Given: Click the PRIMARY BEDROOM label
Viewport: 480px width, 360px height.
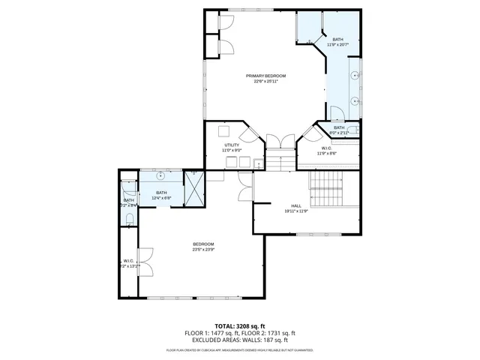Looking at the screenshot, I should pyautogui.click(x=265, y=76).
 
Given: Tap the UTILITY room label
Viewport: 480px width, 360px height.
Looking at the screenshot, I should pyautogui.click(x=231, y=145).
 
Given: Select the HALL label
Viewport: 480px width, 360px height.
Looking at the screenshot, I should pyautogui.click(x=296, y=205).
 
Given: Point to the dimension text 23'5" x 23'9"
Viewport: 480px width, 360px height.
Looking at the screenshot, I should pyautogui.click(x=203, y=250).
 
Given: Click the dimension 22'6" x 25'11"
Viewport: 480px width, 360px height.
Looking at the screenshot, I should pyautogui.click(x=265, y=82).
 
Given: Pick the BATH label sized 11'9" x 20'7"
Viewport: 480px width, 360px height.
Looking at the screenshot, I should pyautogui.click(x=337, y=40).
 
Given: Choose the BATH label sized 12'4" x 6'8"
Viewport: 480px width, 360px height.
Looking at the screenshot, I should pyautogui.click(x=161, y=193).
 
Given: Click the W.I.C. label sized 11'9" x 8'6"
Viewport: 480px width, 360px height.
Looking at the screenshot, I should pyautogui.click(x=326, y=148).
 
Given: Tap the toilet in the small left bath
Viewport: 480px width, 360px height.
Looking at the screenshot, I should pyautogui.click(x=130, y=219).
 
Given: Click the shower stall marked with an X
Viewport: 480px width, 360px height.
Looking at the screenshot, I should pyautogui.click(x=195, y=190).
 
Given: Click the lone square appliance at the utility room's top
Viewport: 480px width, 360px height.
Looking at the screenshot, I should pyautogui.click(x=223, y=130).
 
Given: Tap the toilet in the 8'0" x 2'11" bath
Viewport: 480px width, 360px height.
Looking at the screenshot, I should pyautogui.click(x=354, y=130).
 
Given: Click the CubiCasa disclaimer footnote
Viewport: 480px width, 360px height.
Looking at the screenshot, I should pyautogui.click(x=240, y=350).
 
